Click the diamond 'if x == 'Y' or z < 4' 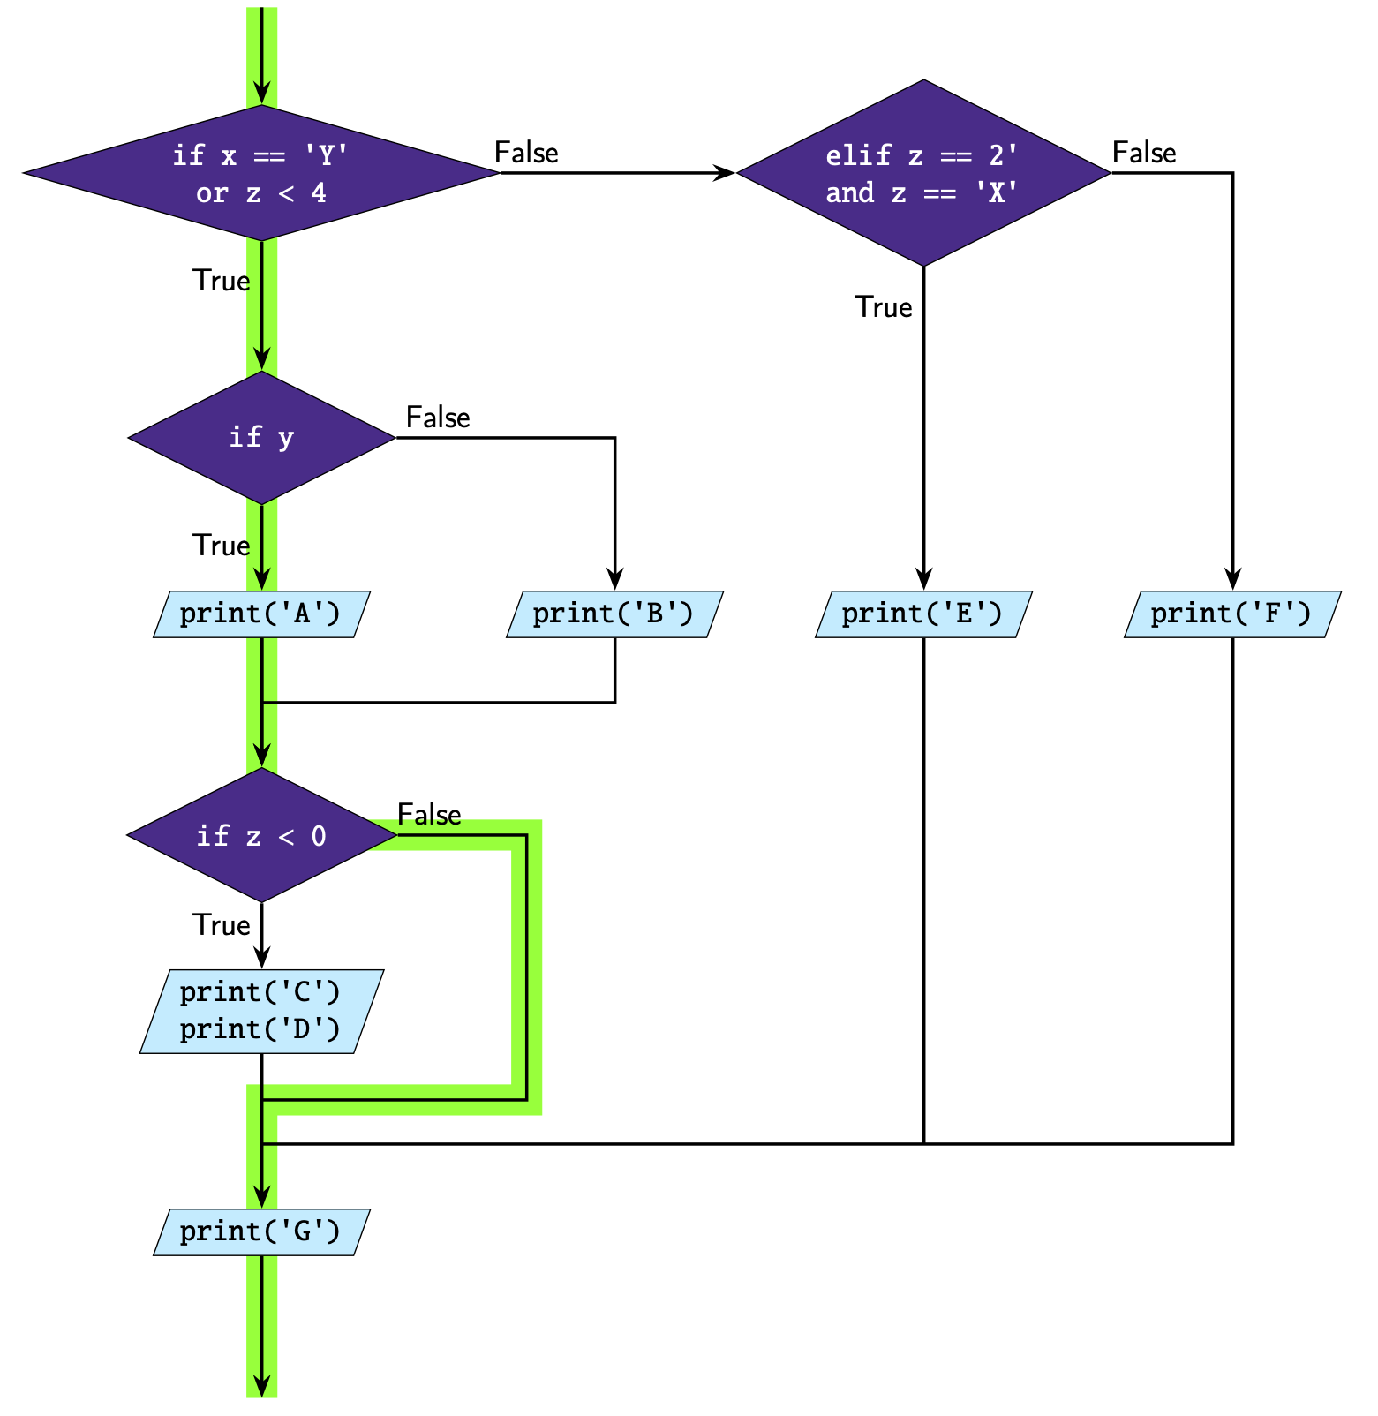(261, 173)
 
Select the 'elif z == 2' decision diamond (922, 173)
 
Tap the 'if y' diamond (261, 438)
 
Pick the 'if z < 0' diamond (261, 835)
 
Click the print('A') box (261, 614)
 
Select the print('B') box (614, 614)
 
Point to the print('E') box (922, 614)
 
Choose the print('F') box (1231, 614)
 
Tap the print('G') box (261, 1231)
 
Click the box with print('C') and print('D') (261, 1011)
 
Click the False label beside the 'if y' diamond (438, 417)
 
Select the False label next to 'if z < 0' (429, 814)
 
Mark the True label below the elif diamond (883, 307)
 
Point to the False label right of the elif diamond (1144, 153)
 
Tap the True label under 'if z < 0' (222, 925)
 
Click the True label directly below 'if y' (222, 546)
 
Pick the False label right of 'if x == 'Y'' (526, 153)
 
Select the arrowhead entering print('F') (1232, 580)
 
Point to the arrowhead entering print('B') (614, 580)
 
